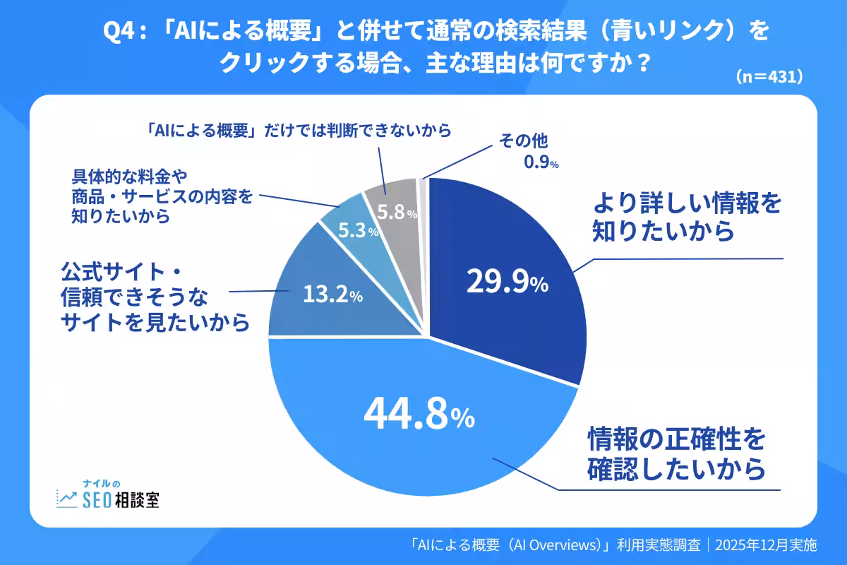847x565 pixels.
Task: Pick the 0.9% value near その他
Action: (x=541, y=164)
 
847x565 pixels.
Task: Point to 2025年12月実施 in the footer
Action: (x=766, y=545)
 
